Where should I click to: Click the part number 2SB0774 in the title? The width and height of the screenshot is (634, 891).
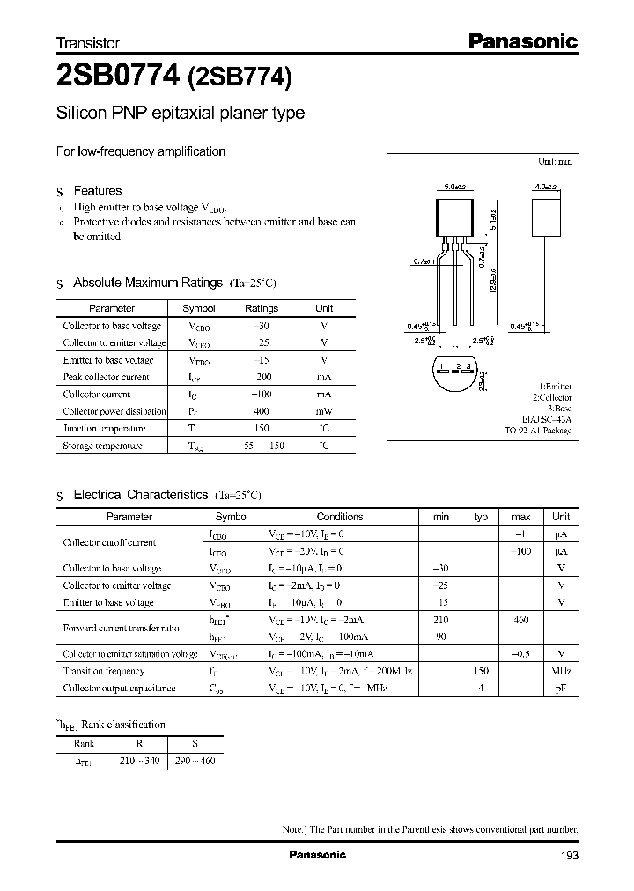pyautogui.click(x=117, y=77)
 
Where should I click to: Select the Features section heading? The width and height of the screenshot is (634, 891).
pyautogui.click(x=97, y=190)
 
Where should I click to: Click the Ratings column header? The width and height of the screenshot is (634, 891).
pyautogui.click(x=262, y=308)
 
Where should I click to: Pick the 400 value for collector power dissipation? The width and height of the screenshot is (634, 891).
pyautogui.click(x=262, y=411)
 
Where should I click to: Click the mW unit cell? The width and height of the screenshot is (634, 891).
pyautogui.click(x=324, y=411)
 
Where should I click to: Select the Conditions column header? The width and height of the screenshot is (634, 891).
pyautogui.click(x=340, y=517)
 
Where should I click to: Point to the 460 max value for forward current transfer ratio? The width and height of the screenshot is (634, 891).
pyautogui.click(x=520, y=620)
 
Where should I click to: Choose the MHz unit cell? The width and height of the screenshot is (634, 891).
pyautogui.click(x=561, y=671)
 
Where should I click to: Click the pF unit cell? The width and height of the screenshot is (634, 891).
pyautogui.click(x=561, y=688)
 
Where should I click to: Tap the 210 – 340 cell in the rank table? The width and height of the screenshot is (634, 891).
pyautogui.click(x=139, y=759)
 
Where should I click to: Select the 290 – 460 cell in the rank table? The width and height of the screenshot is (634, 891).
pyautogui.click(x=195, y=759)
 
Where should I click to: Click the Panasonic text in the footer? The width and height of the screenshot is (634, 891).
pyautogui.click(x=318, y=855)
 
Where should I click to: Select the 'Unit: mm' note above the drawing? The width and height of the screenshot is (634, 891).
pyautogui.click(x=555, y=162)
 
